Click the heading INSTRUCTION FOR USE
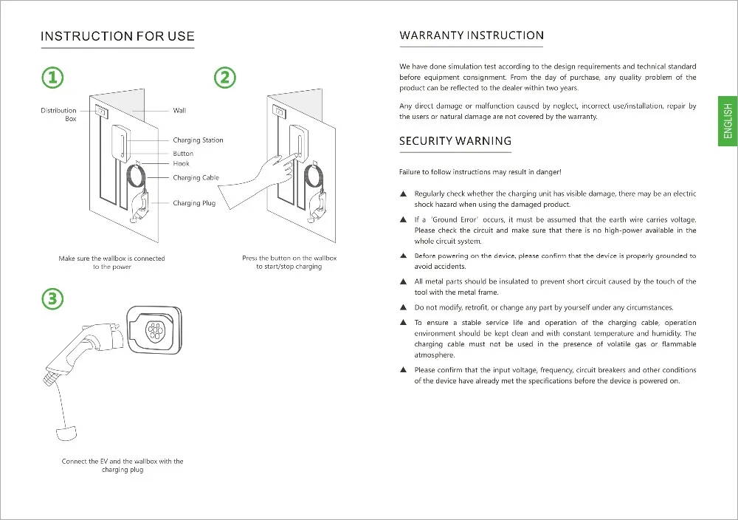pos(117,36)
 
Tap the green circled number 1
pos(52,77)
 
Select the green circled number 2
pos(225,77)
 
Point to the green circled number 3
pos(52,299)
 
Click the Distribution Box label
pos(58,114)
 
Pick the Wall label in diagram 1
pos(179,111)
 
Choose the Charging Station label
pos(198,140)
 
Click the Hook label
pos(181,163)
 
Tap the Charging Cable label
pos(196,178)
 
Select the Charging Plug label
pos(194,203)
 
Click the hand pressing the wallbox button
pos(258,181)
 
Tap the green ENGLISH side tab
pos(728,121)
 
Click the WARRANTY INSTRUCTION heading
pos(472,35)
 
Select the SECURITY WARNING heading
pos(455,141)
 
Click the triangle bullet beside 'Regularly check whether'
pos(403,194)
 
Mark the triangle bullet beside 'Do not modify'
pos(403,308)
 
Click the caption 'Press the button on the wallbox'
pos(289,259)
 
